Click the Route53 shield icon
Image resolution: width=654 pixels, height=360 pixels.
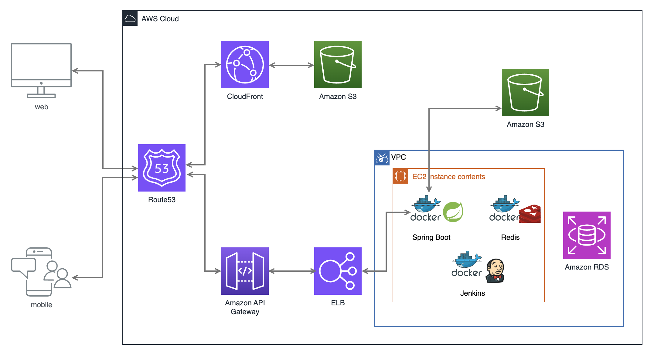pyautogui.click(x=162, y=168)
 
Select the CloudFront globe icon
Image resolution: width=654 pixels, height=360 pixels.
pyautogui.click(x=245, y=64)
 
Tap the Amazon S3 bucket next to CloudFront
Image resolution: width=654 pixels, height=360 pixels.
pyautogui.click(x=338, y=64)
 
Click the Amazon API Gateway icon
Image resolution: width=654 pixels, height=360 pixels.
pyautogui.click(x=245, y=271)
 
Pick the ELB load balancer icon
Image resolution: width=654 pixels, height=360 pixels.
pyautogui.click(x=338, y=271)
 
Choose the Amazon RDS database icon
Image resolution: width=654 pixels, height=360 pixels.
pyautogui.click(x=587, y=235)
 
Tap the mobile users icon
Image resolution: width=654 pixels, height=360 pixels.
pyautogui.click(x=41, y=272)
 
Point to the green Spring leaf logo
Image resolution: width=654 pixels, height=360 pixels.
pyautogui.click(x=453, y=212)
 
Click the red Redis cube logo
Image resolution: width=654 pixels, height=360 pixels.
pyautogui.click(x=530, y=214)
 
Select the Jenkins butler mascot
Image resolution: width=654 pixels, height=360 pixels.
pyautogui.click(x=495, y=270)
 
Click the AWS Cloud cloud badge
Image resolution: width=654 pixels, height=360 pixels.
pyautogui.click(x=130, y=19)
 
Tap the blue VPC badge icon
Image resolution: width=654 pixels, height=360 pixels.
pyautogui.click(x=382, y=158)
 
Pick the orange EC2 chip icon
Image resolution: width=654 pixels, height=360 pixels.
pyautogui.click(x=400, y=176)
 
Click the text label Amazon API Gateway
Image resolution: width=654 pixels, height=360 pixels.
pyautogui.click(x=245, y=307)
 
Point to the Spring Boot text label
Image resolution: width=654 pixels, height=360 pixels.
pyautogui.click(x=431, y=237)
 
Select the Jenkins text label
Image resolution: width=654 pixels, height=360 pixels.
pyautogui.click(x=472, y=293)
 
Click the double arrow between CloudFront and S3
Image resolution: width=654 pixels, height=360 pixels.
pyautogui.click(x=291, y=65)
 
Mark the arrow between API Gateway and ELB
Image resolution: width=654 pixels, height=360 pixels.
pyautogui.click(x=291, y=271)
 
